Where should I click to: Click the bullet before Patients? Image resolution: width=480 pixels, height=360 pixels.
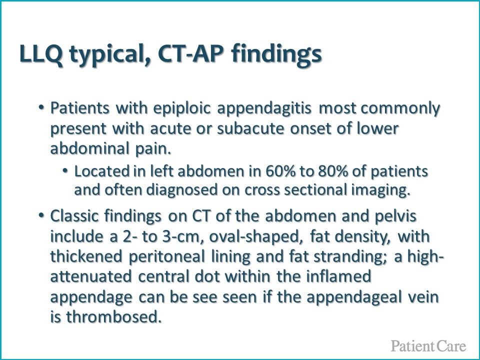41,108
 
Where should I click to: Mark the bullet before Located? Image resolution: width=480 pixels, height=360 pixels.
65,170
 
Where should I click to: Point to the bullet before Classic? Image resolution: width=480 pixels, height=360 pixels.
41,216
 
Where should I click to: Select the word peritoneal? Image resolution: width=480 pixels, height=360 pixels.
166,257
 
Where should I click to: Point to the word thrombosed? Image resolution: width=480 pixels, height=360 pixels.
113,317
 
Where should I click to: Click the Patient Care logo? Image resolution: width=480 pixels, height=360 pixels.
428,345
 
